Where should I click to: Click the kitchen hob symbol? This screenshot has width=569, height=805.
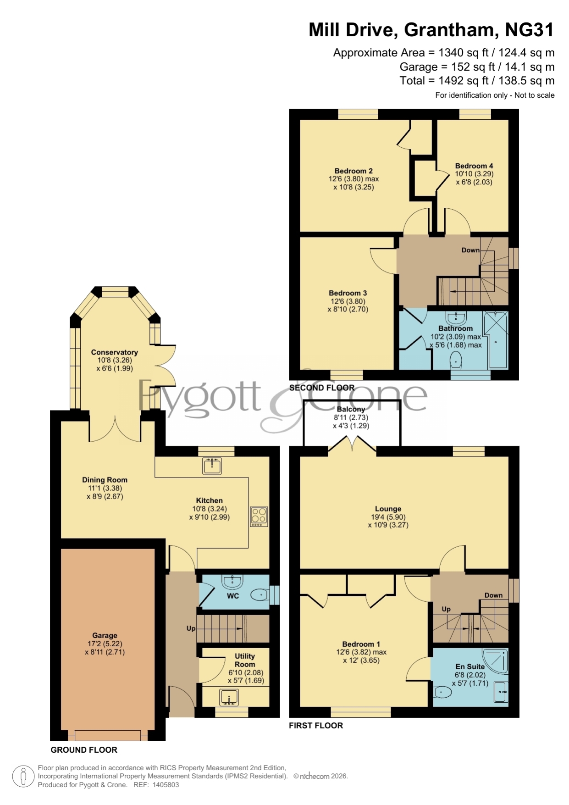click(259, 516)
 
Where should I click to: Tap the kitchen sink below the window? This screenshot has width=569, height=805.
click(212, 466)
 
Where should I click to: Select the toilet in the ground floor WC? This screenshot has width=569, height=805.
click(260, 595)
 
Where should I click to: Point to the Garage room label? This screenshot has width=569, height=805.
click(105, 635)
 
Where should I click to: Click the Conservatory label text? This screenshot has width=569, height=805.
click(114, 352)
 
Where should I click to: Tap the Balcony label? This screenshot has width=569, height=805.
click(351, 409)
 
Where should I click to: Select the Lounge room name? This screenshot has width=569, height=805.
click(388, 509)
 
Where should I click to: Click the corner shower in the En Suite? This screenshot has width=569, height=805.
click(495, 661)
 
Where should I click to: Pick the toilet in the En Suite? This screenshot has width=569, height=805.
click(443, 691)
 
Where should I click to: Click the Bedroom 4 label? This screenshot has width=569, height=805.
click(474, 166)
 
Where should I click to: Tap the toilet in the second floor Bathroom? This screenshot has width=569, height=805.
click(456, 360)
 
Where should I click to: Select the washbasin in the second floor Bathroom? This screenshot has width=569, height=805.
click(456, 317)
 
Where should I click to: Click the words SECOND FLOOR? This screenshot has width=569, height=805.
click(322, 388)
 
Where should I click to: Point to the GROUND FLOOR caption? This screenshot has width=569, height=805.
click(84, 749)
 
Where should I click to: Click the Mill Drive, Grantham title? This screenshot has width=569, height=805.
click(431, 30)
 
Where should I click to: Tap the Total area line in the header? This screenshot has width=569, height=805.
click(477, 81)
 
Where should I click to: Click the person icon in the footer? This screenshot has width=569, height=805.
click(23, 777)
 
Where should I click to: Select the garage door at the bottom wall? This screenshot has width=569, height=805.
click(108, 735)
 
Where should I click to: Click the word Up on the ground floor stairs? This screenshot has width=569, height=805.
click(191, 628)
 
